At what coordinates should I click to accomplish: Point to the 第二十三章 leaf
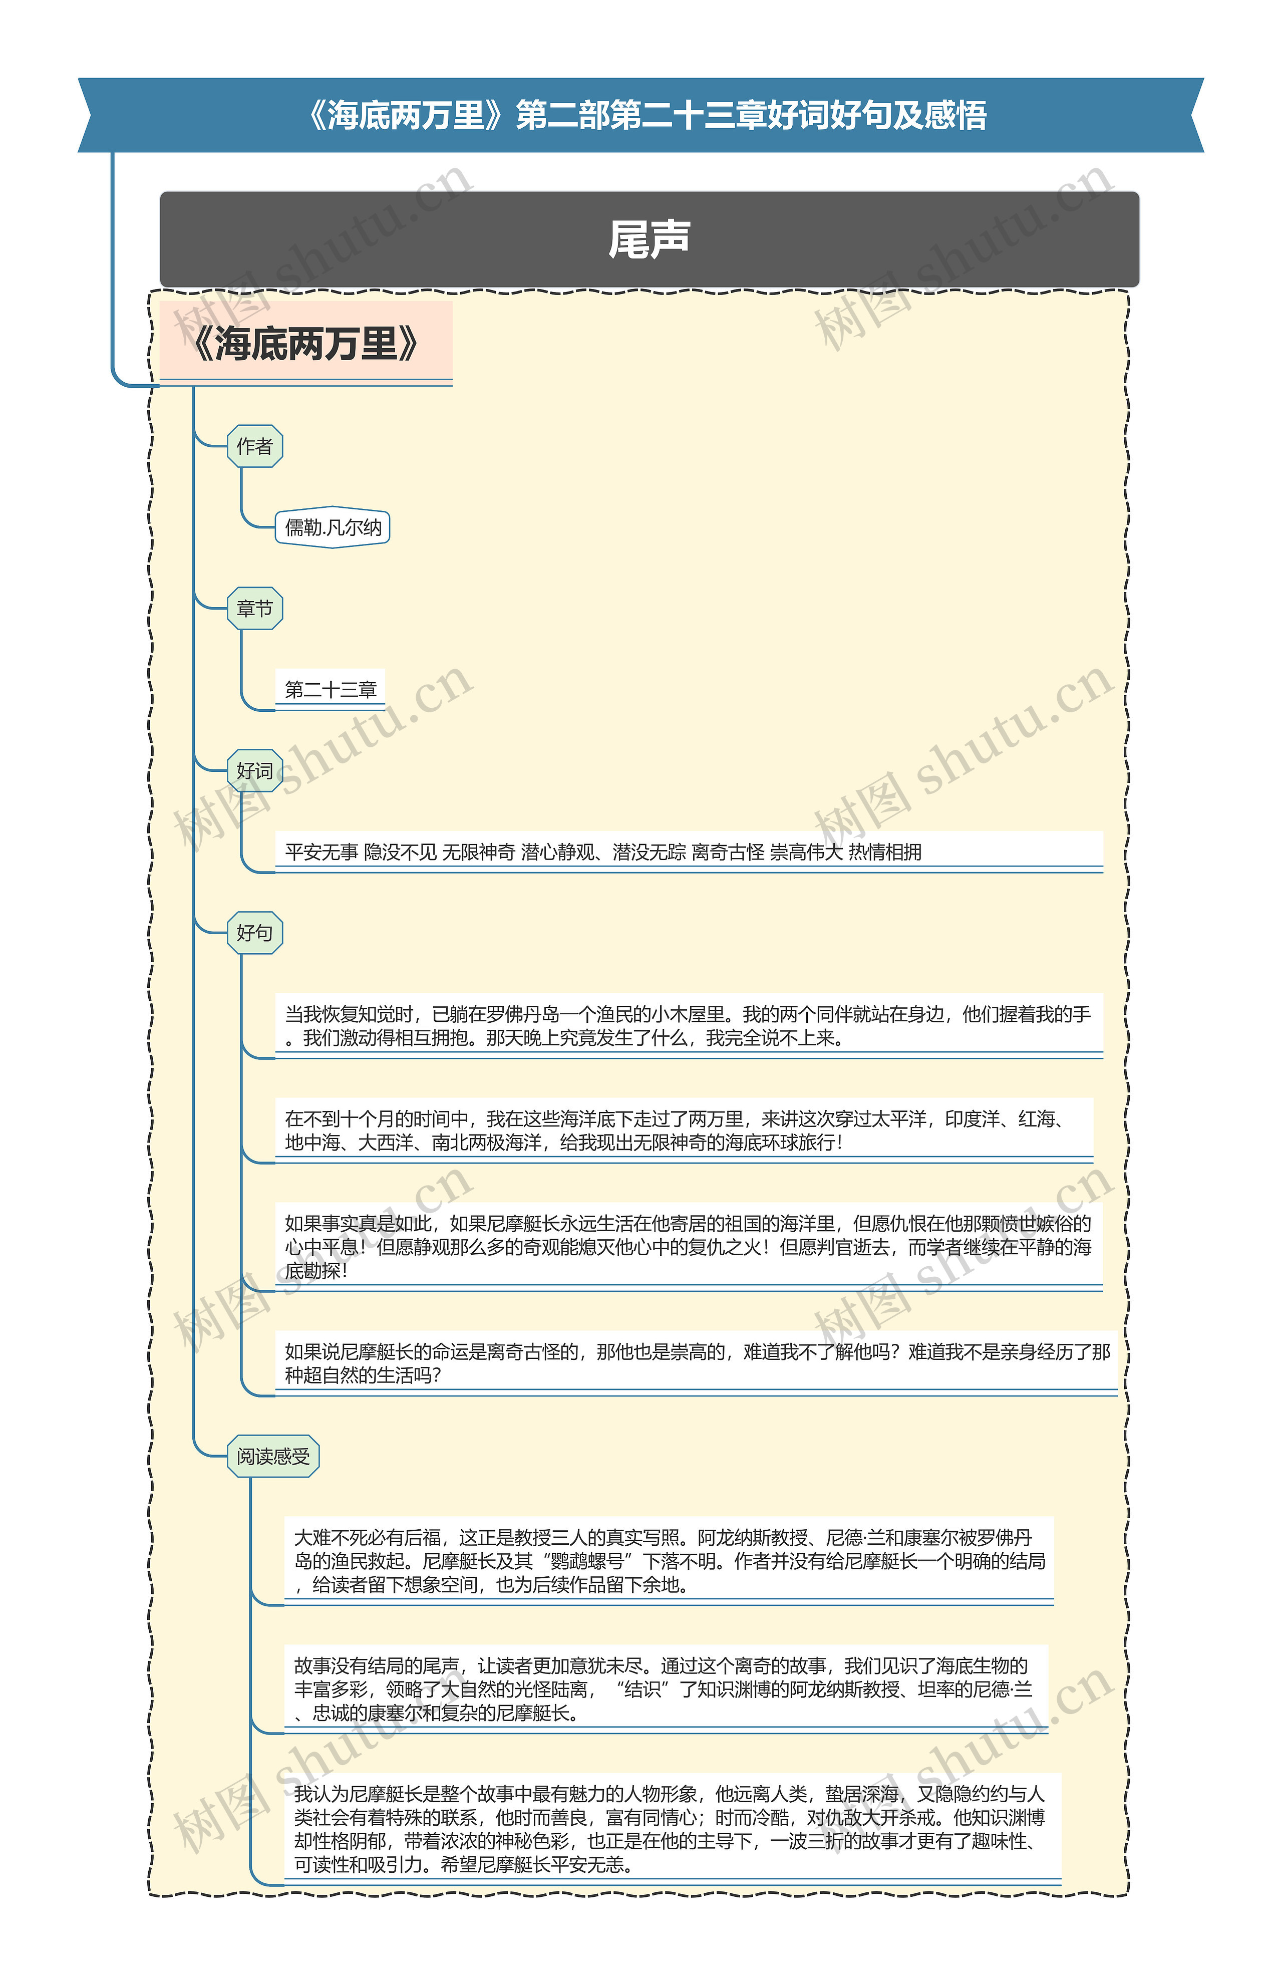(x=331, y=689)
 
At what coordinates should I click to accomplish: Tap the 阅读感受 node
(x=272, y=1456)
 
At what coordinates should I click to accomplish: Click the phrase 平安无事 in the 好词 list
(x=322, y=852)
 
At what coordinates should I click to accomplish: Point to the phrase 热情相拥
(x=884, y=852)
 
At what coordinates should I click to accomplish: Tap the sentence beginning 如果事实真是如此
(x=688, y=1247)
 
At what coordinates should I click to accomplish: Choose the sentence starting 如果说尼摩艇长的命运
(x=696, y=1363)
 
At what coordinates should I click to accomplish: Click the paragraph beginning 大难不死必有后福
(x=669, y=1561)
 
